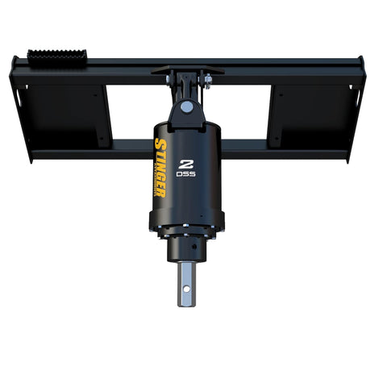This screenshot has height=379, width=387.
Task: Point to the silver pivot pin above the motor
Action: tap(187, 106)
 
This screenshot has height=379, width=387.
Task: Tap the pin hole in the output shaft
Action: tap(189, 284)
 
